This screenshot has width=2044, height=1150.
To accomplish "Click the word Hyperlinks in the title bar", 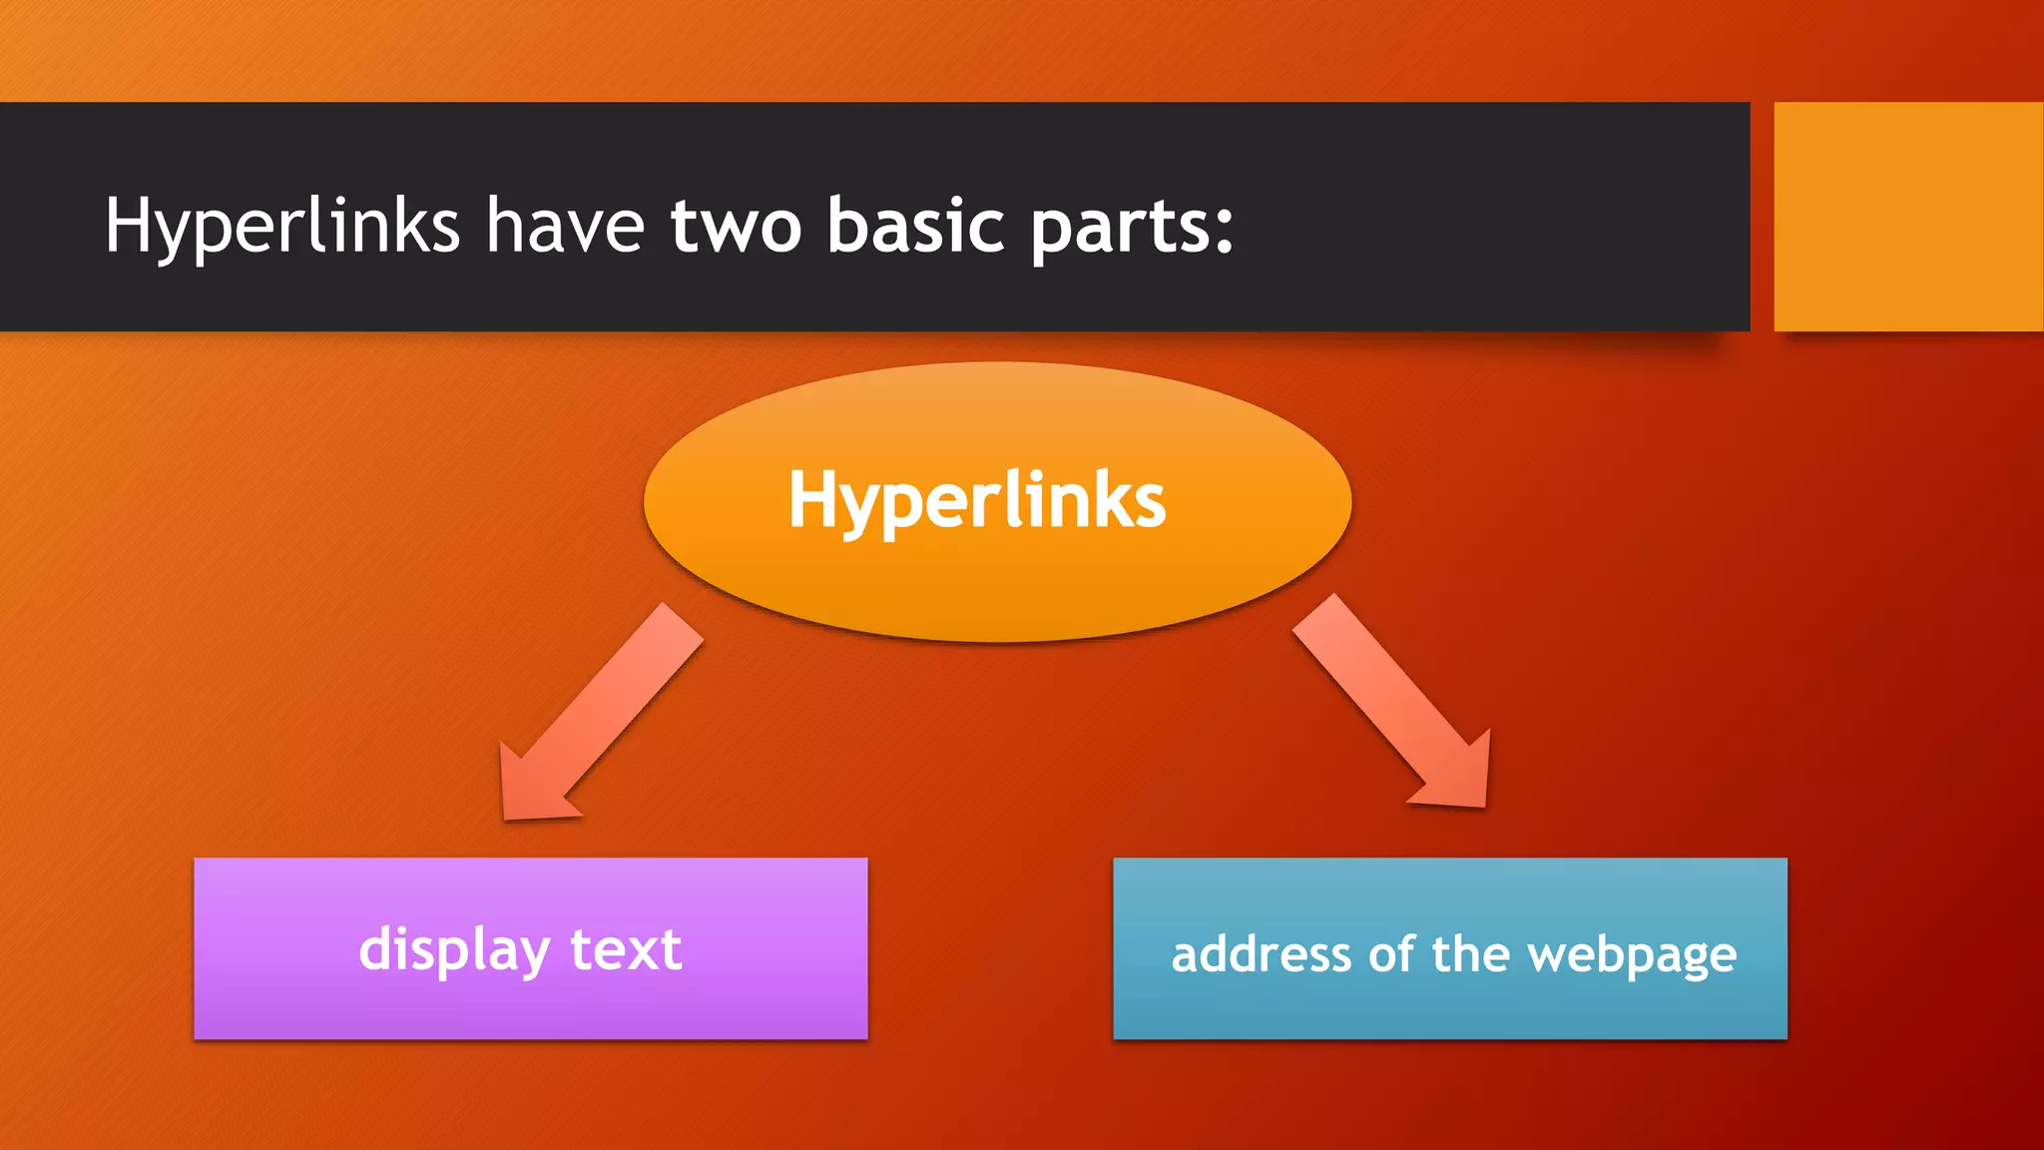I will [281, 226].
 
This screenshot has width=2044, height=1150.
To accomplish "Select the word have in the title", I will [565, 226].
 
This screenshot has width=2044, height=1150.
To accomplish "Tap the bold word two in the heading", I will [736, 226].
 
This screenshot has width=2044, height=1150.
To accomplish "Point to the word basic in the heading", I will [915, 226].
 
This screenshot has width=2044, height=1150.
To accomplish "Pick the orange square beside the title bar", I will [1907, 216].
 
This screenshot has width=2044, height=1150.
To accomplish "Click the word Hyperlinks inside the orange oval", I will [976, 500].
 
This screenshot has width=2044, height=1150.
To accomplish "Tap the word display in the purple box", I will [454, 949].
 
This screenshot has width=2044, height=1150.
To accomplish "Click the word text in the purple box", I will [626, 949].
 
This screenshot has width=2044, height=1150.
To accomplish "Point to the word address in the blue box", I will [1262, 955].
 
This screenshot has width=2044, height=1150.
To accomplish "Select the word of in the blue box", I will [1390, 955].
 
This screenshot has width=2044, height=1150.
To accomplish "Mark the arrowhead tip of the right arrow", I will [1484, 805].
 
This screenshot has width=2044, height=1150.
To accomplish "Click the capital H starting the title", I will [128, 225].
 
